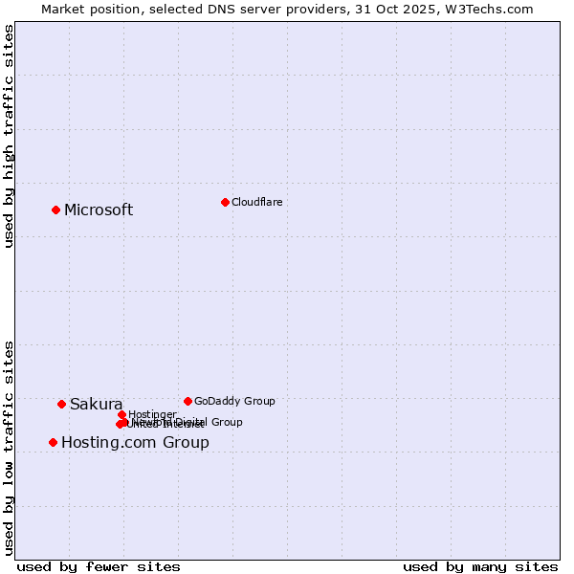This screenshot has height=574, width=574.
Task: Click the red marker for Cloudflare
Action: click(225, 202)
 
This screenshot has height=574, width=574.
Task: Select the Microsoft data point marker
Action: click(55, 210)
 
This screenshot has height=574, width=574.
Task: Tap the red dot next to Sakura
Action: click(61, 404)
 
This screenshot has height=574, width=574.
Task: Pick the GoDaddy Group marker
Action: click(188, 401)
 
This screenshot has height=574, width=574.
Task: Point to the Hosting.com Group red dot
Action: click(53, 442)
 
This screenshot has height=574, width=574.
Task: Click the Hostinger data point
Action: click(121, 414)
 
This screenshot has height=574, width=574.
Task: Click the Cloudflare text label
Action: click(256, 202)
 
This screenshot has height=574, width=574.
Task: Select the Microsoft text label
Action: click(99, 210)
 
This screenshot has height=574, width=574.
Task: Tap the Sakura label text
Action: click(96, 405)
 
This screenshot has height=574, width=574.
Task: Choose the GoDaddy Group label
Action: click(234, 402)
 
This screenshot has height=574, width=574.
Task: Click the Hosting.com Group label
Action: click(135, 443)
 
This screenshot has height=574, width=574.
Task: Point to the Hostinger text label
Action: click(152, 414)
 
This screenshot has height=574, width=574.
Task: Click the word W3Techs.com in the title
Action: click(493, 9)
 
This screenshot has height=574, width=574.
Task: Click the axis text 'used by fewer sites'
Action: click(99, 566)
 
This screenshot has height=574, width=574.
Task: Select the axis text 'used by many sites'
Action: click(480, 566)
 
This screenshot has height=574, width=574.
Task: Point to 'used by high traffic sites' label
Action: click(9, 136)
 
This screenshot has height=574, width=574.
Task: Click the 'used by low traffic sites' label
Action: click(9, 447)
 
